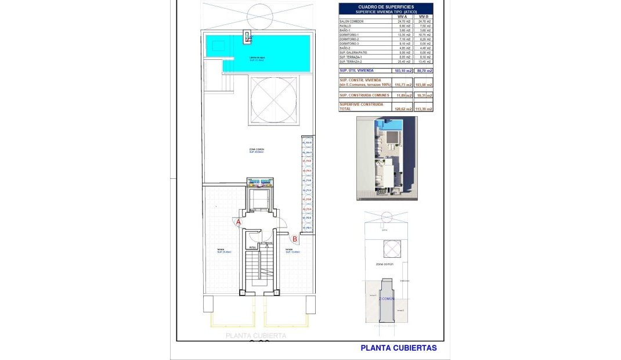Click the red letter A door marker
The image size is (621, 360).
click(x=238, y=222)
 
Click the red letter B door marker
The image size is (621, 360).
click(x=295, y=238)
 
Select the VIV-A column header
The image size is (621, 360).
click(x=402, y=17)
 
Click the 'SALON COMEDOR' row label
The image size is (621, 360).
click(x=352, y=21)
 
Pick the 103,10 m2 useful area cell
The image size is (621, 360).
click(x=402, y=70)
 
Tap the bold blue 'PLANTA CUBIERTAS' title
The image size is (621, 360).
click(x=398, y=348)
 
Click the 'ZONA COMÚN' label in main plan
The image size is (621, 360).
click(x=256, y=150)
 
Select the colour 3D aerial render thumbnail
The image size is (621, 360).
click(x=386, y=157)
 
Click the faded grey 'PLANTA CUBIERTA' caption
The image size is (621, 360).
click(x=256, y=336)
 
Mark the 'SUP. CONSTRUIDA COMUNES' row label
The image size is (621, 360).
click(x=364, y=95)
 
